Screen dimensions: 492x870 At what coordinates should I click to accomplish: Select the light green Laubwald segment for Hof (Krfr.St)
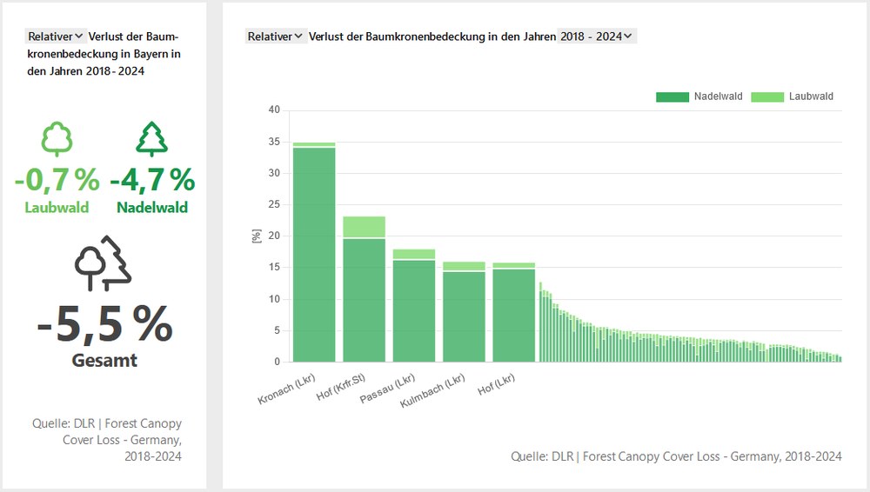click(x=364, y=227)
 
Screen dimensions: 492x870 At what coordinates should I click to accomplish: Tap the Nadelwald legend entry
click(x=700, y=96)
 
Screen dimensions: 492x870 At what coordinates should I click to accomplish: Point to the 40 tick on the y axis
click(x=274, y=110)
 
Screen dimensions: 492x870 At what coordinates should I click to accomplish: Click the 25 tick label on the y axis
click(x=274, y=205)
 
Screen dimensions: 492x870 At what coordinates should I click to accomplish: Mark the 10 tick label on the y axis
click(x=274, y=299)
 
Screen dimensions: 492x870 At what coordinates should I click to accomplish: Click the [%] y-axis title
click(x=257, y=236)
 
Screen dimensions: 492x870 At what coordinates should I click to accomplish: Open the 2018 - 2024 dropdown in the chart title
click(x=598, y=37)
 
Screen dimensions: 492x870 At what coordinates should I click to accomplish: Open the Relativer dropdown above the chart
click(x=275, y=37)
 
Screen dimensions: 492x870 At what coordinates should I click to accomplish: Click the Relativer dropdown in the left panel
click(x=56, y=37)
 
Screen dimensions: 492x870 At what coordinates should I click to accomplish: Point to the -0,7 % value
click(x=57, y=180)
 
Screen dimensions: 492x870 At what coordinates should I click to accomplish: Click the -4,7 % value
click(x=152, y=180)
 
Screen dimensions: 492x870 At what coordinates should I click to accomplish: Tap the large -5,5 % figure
click(x=104, y=323)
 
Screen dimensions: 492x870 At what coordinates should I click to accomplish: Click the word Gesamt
click(x=104, y=360)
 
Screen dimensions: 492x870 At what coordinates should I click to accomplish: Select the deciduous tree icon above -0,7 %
click(x=57, y=139)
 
